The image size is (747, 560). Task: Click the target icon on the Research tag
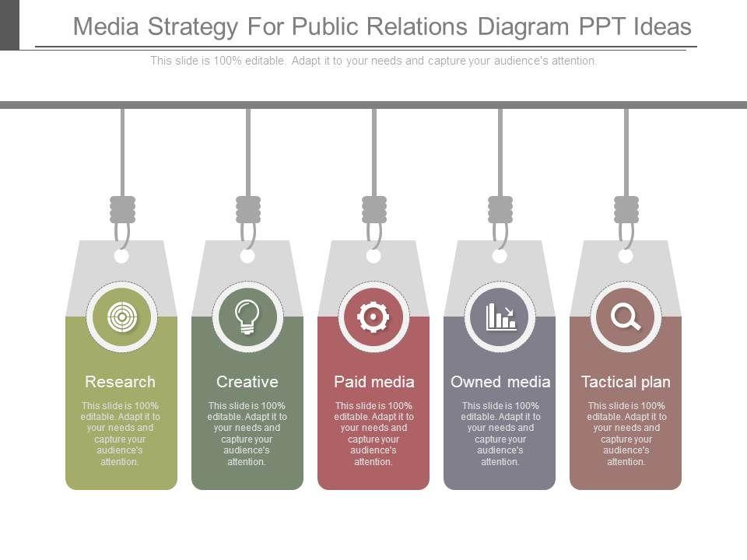click(121, 317)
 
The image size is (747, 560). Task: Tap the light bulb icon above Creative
click(247, 317)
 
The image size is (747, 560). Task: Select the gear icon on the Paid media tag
click(373, 317)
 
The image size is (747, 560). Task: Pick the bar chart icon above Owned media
click(500, 317)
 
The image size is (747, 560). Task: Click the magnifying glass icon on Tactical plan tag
click(626, 317)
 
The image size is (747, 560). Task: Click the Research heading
click(121, 382)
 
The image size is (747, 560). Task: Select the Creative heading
click(247, 382)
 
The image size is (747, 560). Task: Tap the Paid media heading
click(374, 382)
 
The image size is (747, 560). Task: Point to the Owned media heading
click(500, 382)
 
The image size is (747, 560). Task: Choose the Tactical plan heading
click(626, 382)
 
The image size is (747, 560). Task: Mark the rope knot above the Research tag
click(122, 209)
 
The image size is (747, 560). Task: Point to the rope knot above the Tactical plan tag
click(626, 209)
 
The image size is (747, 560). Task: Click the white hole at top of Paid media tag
click(373, 256)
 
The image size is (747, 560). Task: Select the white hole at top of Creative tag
click(247, 256)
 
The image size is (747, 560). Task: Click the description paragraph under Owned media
click(500, 433)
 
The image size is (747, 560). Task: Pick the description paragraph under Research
click(121, 433)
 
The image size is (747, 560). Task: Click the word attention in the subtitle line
click(574, 61)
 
